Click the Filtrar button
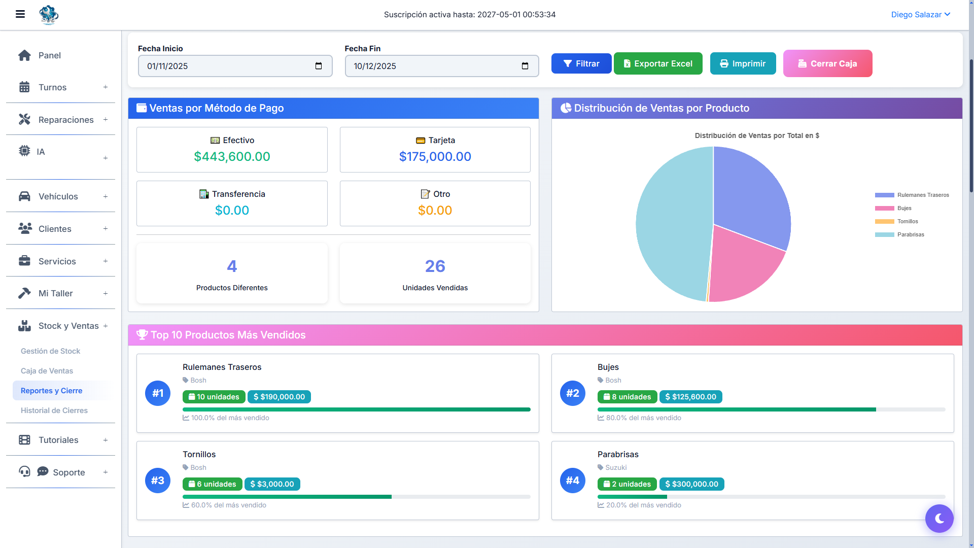[x=581, y=63]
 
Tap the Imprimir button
[x=743, y=63]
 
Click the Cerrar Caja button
[x=827, y=63]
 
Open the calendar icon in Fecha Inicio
[x=319, y=66]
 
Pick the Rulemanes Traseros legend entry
[x=912, y=195]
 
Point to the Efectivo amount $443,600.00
[x=232, y=157]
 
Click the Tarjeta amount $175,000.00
[x=435, y=157]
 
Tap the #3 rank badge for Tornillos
[x=158, y=481]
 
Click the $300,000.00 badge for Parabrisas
[x=691, y=484]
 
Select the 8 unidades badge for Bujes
[x=627, y=397]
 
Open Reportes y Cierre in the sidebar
[x=51, y=391]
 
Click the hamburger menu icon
[x=20, y=14]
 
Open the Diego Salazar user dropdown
[x=920, y=15]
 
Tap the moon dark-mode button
[x=939, y=518]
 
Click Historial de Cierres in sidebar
[x=54, y=410]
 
